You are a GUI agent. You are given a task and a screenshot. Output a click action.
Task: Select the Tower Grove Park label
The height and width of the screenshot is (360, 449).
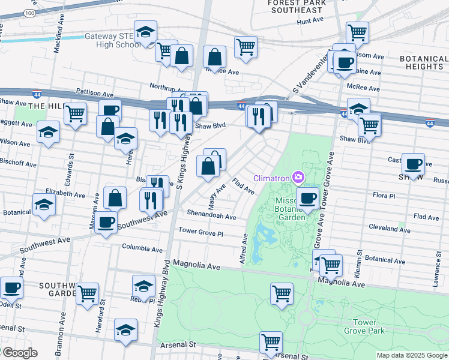tap(364, 326)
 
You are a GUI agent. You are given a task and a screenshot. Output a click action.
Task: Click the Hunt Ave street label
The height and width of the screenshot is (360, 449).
tap(310, 21)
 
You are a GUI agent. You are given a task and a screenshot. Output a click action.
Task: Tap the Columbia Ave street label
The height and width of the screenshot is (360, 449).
tap(142, 248)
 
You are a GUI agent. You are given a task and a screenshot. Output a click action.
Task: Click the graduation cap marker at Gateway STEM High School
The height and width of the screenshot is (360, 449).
tap(145, 32)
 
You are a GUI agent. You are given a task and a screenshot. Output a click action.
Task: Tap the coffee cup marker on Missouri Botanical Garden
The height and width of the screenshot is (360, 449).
tap(308, 198)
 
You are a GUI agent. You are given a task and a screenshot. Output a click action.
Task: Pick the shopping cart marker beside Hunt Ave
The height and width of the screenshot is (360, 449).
tap(357, 31)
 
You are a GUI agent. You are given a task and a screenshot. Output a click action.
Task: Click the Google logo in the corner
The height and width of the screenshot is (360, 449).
tap(19, 353)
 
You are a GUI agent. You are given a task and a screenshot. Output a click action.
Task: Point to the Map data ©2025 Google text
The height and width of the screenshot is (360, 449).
tap(412, 355)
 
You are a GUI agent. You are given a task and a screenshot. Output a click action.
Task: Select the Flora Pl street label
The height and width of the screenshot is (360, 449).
tap(384, 196)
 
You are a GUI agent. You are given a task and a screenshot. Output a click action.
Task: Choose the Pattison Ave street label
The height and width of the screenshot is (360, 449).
tap(94, 94)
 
